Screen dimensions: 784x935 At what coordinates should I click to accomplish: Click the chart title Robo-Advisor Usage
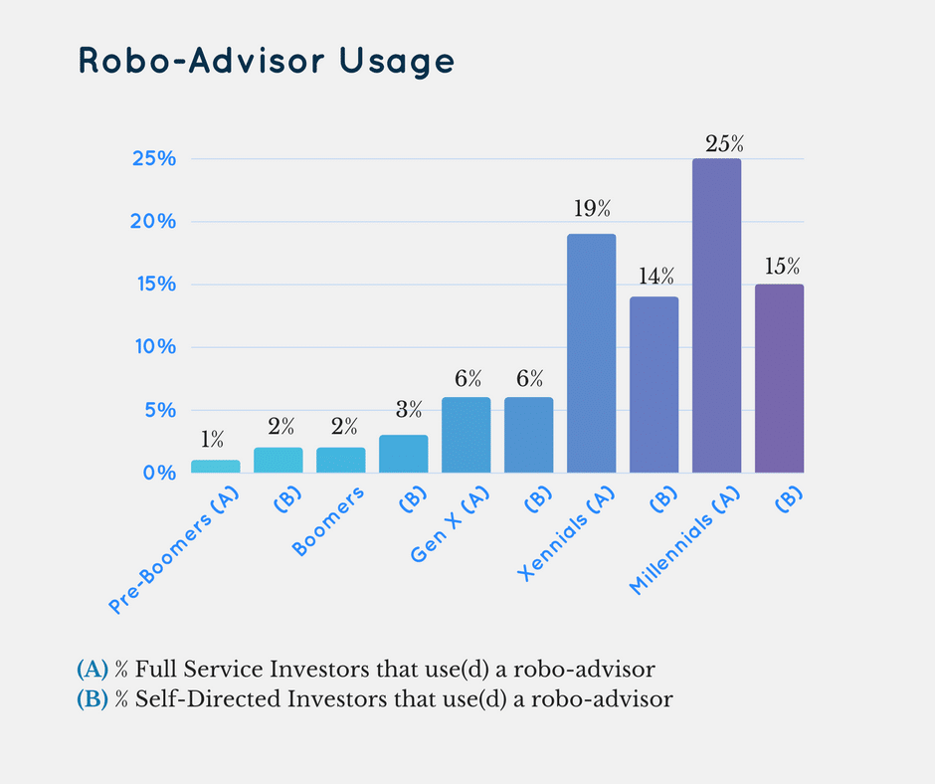(x=266, y=62)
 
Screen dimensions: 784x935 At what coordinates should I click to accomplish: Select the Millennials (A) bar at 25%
(x=716, y=315)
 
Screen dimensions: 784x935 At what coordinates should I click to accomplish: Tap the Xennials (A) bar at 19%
(x=591, y=353)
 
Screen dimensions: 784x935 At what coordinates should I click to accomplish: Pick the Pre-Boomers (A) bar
(x=215, y=466)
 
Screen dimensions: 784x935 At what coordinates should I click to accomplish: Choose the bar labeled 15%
(x=779, y=378)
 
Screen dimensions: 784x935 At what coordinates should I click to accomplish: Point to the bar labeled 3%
(x=403, y=454)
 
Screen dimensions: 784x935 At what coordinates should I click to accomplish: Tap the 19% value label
(x=591, y=209)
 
